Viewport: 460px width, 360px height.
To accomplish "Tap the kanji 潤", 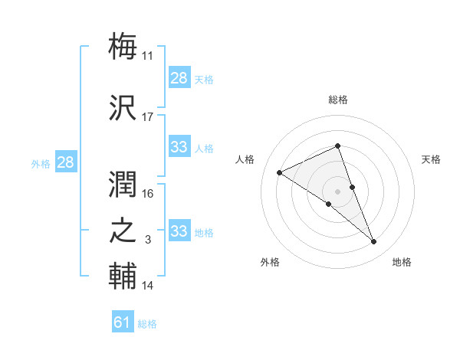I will click(123, 183).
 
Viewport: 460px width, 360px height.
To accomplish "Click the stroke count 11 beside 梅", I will click(148, 55).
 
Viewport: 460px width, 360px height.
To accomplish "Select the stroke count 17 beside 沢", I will click(148, 116).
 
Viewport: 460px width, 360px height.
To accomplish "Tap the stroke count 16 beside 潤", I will click(148, 194).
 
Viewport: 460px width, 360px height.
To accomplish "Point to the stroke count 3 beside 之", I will click(148, 241).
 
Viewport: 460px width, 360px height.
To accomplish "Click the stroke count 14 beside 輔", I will click(148, 286).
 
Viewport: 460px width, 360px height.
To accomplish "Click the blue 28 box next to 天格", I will click(179, 78).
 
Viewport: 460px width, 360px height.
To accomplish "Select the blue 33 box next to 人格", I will click(179, 147).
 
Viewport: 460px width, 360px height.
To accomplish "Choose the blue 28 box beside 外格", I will click(65, 162).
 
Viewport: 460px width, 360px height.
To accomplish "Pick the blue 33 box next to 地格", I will click(179, 231).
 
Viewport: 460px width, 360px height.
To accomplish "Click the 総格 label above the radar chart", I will click(337, 100).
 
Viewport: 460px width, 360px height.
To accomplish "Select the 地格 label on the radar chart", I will click(402, 262).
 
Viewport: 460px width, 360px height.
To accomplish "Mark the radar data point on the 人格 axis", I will click(280, 172).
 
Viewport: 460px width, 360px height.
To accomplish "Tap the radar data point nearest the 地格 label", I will click(374, 242).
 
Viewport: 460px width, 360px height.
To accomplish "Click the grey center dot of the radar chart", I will click(337, 190).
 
